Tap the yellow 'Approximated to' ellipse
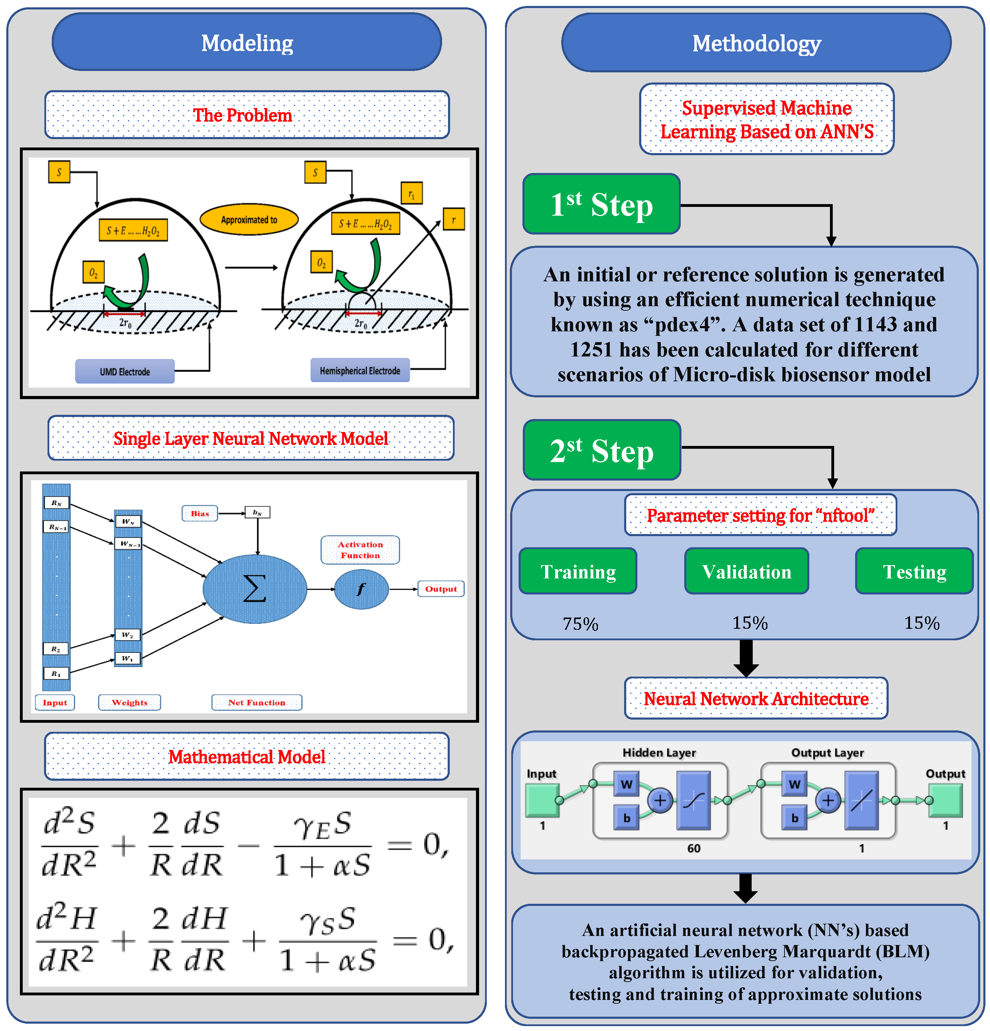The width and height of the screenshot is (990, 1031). coord(249,219)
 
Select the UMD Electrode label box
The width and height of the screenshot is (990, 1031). coord(125,372)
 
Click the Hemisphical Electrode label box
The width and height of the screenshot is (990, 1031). coord(360,370)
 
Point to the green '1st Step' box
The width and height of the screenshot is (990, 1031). coord(601,204)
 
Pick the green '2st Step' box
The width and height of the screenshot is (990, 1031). coord(602,450)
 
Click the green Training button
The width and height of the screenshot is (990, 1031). coord(578,571)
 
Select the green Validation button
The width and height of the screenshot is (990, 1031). coord(746,571)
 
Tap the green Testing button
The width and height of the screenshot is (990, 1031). coord(914,571)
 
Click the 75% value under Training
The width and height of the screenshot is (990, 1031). coord(580,624)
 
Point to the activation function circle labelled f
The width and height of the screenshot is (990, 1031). coord(361,589)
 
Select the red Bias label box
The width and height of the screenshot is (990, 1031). coord(200,513)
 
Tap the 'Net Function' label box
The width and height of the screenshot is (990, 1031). coord(257,702)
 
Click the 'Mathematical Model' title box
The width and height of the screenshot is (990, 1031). coord(247,756)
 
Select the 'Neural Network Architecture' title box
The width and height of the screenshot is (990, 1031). coord(756,699)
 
